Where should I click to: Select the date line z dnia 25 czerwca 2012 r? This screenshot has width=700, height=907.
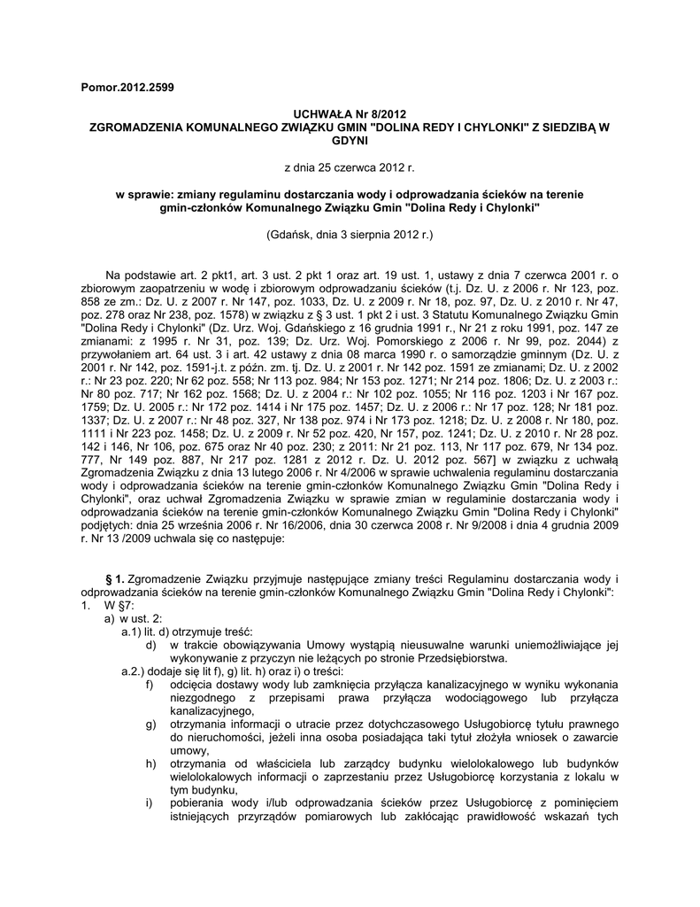pyautogui.click(x=349, y=167)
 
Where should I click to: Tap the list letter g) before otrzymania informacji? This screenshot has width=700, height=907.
pyautogui.click(x=150, y=725)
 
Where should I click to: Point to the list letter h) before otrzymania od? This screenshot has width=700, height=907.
pyautogui.click(x=150, y=764)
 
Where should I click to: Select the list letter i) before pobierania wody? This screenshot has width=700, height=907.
pyautogui.click(x=149, y=803)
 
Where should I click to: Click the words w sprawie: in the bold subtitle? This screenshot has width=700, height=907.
pyautogui.click(x=145, y=193)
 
